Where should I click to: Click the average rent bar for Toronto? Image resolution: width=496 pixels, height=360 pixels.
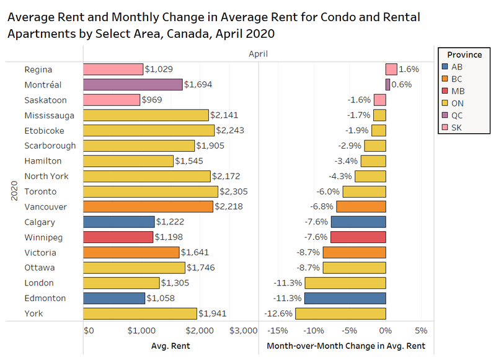(150, 191)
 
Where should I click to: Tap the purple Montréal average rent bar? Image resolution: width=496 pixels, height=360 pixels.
(133, 85)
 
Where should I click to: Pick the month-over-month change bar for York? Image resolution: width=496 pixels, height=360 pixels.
(340, 314)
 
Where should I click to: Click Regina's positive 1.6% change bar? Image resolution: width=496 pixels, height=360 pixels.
(391, 69)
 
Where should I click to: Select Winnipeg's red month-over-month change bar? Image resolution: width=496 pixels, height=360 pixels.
(358, 237)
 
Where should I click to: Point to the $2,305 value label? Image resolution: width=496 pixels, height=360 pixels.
(233, 191)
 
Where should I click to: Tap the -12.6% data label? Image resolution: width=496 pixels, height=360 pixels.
(279, 314)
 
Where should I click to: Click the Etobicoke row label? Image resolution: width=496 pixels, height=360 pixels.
(44, 131)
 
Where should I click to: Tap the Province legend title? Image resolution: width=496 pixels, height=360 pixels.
(464, 55)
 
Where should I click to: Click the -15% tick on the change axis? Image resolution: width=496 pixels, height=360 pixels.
(280, 330)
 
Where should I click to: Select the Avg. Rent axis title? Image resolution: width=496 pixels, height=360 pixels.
(170, 346)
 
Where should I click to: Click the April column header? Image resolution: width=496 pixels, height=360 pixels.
(257, 54)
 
